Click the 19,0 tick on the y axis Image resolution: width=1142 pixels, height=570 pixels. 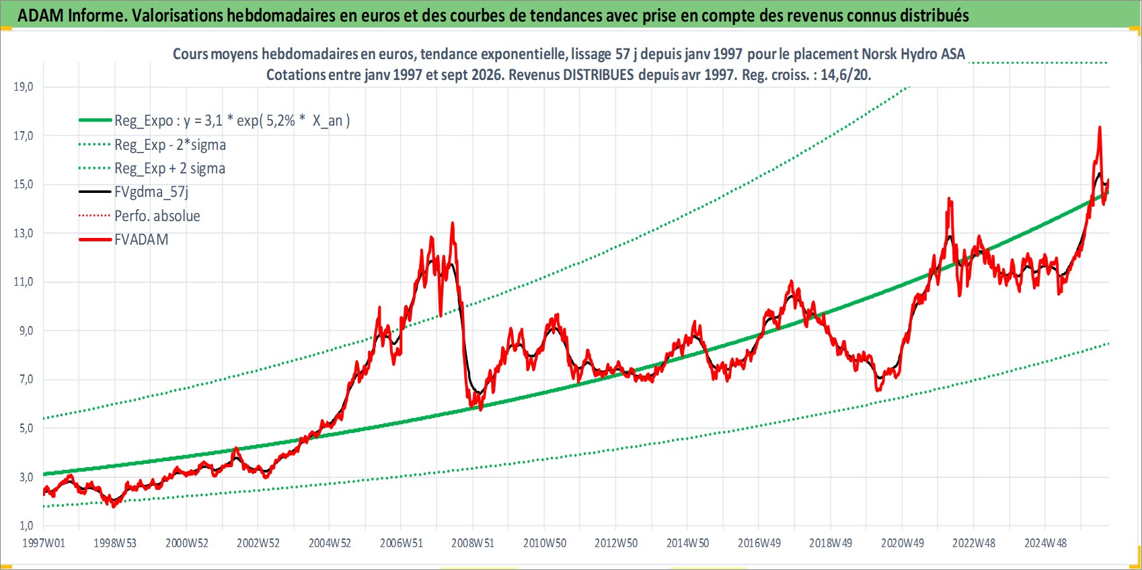(x=23, y=87)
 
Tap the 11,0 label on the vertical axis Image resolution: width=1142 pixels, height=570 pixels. (x=23, y=282)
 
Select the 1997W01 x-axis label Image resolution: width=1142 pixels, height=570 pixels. (x=43, y=543)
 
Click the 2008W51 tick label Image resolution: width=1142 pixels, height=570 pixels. (x=473, y=543)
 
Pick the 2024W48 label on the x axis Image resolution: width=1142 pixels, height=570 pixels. (x=1045, y=543)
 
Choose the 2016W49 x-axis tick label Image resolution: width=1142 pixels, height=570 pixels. (x=759, y=543)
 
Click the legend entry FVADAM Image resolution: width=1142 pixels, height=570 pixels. (x=141, y=239)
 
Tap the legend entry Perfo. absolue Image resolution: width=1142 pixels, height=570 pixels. (x=157, y=216)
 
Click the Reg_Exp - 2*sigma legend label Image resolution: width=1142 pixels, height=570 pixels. (x=169, y=145)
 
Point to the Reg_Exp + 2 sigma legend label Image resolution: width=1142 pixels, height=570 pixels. (x=169, y=168)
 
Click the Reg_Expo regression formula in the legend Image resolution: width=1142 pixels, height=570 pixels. (x=232, y=121)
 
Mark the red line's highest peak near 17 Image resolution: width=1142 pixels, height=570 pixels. (x=1100, y=127)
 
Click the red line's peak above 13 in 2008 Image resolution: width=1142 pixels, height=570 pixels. (x=452, y=223)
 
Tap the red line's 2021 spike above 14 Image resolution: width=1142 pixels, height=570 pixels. (x=949, y=199)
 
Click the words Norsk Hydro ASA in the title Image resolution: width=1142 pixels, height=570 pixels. (x=913, y=54)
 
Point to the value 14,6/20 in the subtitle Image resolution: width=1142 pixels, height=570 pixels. (x=844, y=75)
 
